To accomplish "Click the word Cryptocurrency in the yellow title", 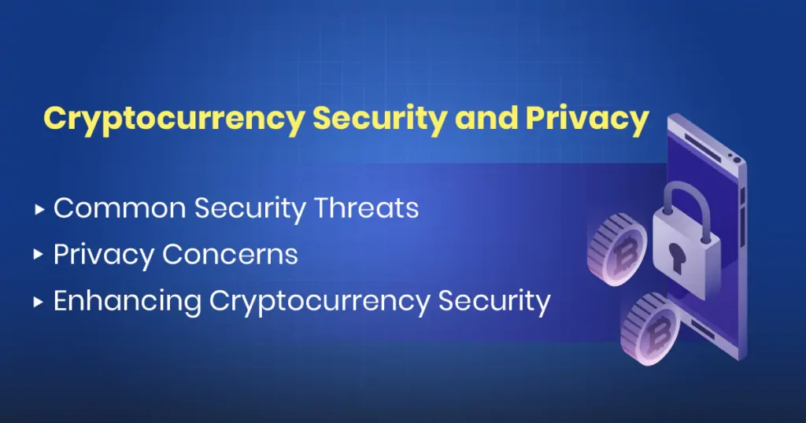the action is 174,120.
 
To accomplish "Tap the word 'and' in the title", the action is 486,118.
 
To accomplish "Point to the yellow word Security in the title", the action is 380,120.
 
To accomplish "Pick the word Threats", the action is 367,208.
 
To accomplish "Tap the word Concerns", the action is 230,254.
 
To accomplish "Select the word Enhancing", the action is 127,301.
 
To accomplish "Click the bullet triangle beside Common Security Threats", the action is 39,209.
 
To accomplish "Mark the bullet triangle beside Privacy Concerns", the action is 39,255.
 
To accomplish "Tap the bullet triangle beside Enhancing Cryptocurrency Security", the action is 39,302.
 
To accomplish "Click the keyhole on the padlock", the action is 676,258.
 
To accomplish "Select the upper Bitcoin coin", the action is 617,249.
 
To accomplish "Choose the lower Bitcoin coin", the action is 649,329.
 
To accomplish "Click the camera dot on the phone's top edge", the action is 737,160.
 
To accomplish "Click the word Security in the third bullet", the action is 494,301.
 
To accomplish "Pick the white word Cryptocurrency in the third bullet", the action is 320,301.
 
